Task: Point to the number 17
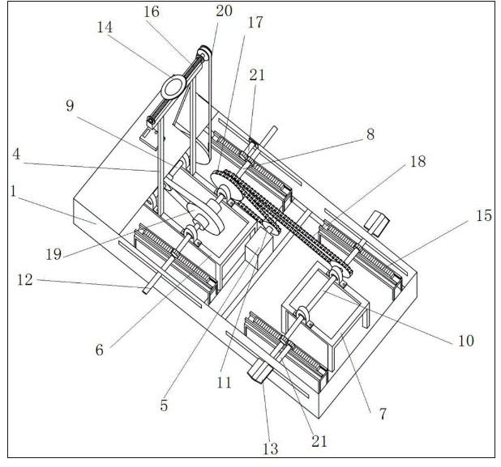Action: pyautogui.click(x=255, y=23)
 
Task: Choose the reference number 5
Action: pyautogui.click(x=164, y=405)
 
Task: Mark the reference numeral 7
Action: pyautogui.click(x=382, y=413)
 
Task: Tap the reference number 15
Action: pyautogui.click(x=484, y=216)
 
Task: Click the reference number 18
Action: pyautogui.click(x=417, y=162)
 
